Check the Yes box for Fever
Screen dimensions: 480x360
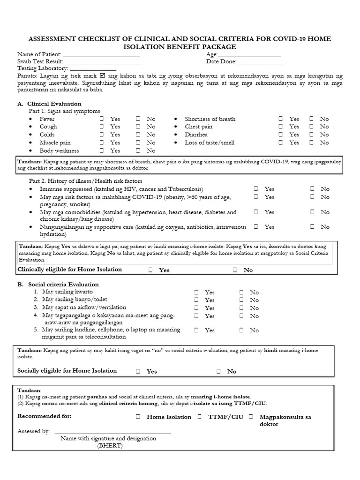tap(102, 119)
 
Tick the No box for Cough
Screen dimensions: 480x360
tap(138, 127)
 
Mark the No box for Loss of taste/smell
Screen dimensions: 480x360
tap(311, 142)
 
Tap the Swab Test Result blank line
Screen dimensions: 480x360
tap(103, 62)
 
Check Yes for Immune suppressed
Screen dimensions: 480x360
tap(256, 189)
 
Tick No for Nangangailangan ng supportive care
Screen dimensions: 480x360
tap(312, 227)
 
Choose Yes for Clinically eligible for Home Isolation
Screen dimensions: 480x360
tap(150, 270)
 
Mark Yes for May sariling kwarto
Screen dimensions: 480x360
tap(196, 292)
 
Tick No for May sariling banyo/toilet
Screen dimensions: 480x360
tap(241, 300)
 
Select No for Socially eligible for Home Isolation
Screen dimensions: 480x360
tap(218, 371)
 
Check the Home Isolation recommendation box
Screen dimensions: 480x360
tap(138, 417)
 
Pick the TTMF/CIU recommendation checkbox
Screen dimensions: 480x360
tap(199, 417)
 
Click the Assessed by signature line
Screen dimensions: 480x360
tap(112, 432)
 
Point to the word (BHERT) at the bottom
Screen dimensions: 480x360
tap(110, 446)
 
